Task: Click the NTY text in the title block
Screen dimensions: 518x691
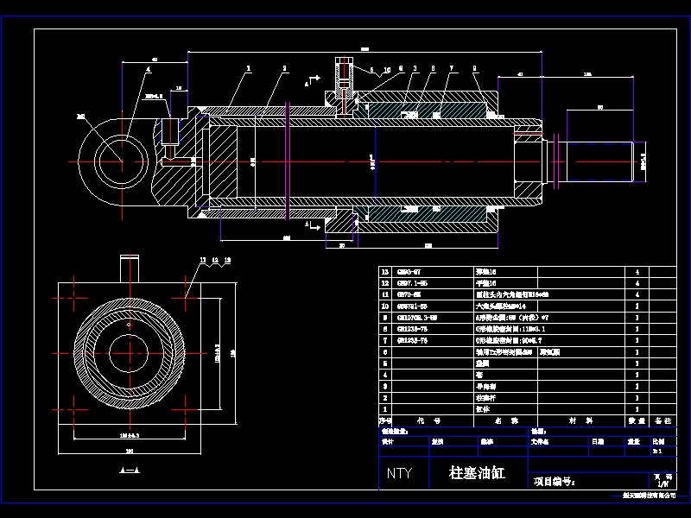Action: pos(399,473)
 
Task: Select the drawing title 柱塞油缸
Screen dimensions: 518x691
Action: pos(476,473)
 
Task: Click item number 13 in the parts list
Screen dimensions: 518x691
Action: pos(385,272)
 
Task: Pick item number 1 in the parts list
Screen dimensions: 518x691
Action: pos(385,409)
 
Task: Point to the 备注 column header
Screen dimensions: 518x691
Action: pos(663,420)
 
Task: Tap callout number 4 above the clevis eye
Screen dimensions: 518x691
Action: pos(148,68)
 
